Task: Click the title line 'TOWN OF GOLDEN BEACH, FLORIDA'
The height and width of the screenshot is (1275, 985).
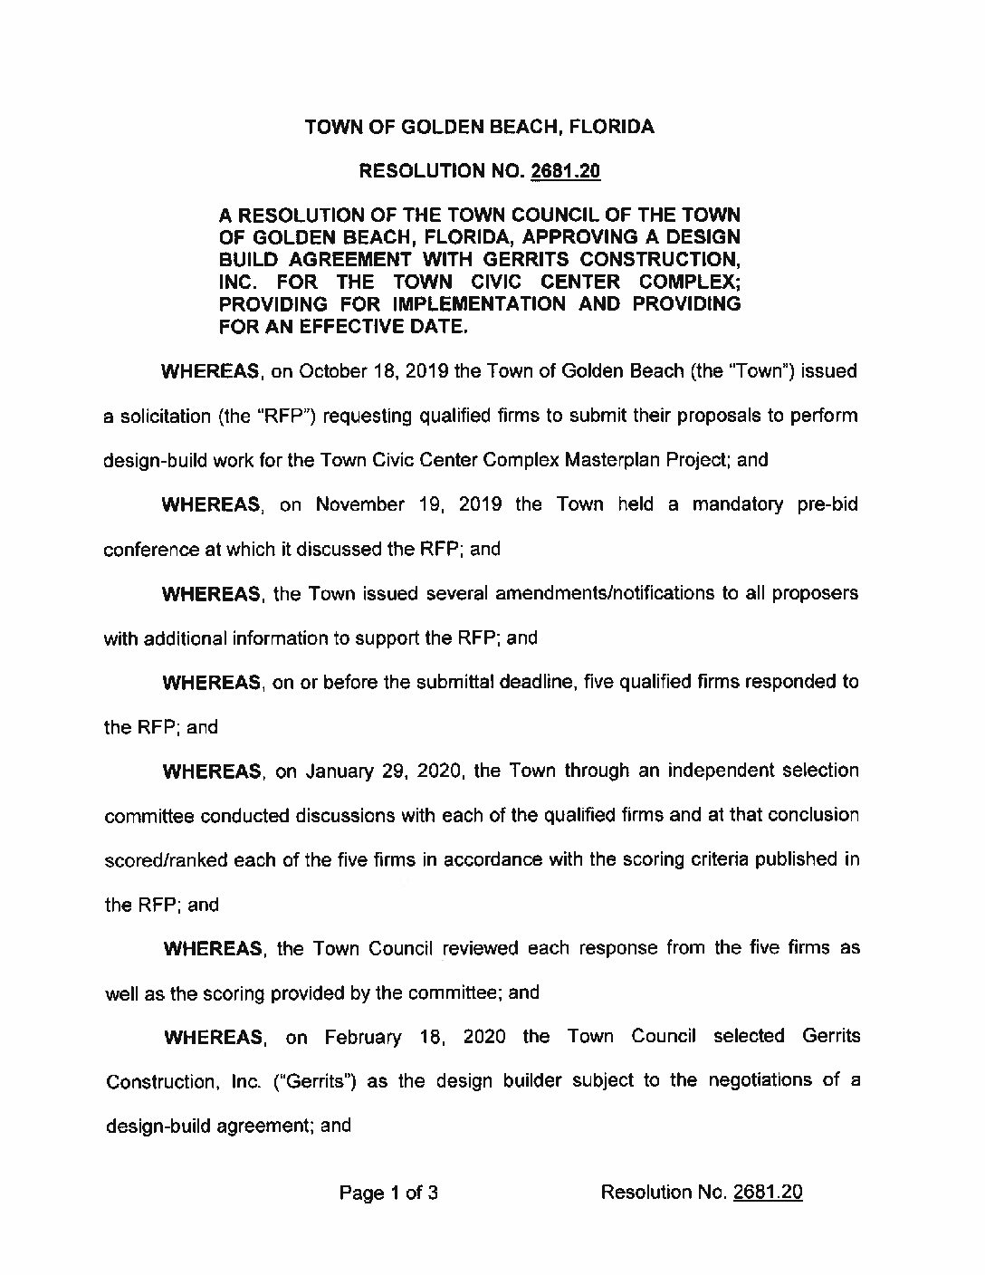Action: tap(479, 127)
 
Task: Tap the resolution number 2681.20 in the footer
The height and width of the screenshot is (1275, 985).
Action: tap(768, 1193)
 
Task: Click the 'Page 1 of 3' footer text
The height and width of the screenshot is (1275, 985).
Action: tap(388, 1193)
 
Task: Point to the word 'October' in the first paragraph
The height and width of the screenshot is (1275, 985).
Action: tap(330, 371)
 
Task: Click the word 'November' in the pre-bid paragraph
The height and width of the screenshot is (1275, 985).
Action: tap(359, 504)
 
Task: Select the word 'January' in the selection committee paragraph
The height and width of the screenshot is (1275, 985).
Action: tap(340, 772)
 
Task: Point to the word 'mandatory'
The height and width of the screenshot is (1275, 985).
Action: tap(737, 504)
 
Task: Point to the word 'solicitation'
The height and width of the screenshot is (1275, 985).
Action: tap(164, 417)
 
